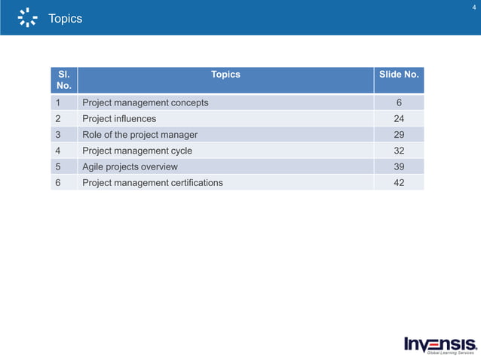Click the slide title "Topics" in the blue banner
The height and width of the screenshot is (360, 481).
click(x=65, y=18)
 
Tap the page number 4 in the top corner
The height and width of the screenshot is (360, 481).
click(x=473, y=8)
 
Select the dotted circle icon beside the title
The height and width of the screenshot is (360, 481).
click(x=28, y=18)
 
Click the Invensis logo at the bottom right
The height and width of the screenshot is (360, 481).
click(x=440, y=344)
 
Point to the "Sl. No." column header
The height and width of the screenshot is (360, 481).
click(x=64, y=80)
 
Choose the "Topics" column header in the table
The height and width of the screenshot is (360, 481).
click(x=225, y=75)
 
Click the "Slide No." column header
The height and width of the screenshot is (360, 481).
click(x=399, y=75)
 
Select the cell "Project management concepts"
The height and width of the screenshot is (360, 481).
click(x=145, y=102)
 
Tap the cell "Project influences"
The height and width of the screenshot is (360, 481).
click(x=119, y=118)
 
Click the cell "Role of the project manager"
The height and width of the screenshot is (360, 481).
click(x=139, y=135)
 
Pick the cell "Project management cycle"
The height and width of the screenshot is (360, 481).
click(x=137, y=151)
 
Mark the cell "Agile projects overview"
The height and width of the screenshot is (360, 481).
click(x=130, y=166)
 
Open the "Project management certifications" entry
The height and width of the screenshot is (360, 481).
click(x=152, y=182)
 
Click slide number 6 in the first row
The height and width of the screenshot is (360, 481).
click(x=399, y=102)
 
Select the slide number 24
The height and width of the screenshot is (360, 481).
click(x=399, y=118)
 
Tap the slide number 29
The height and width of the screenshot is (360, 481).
click(x=399, y=135)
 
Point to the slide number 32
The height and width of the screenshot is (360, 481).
click(x=399, y=151)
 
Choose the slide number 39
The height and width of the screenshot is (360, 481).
click(x=399, y=166)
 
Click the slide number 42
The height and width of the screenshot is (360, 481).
click(x=399, y=182)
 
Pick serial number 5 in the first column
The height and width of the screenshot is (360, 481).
click(x=57, y=166)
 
